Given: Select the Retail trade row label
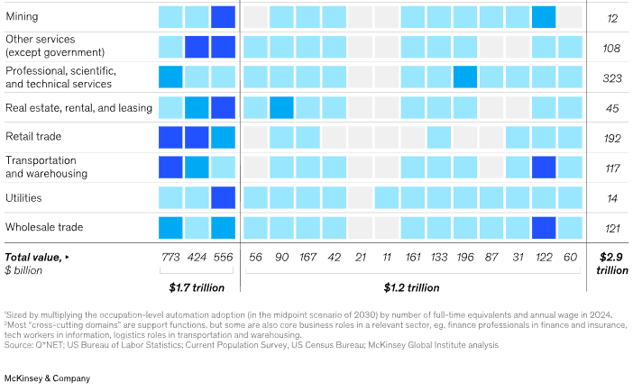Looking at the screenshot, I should (x=34, y=137).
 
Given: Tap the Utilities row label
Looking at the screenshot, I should (x=23, y=197).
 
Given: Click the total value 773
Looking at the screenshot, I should (x=170, y=258).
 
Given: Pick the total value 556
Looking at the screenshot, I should (x=223, y=258).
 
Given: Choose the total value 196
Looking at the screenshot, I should (x=465, y=258).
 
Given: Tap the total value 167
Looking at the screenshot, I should (x=308, y=258).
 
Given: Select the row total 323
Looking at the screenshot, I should (x=612, y=78).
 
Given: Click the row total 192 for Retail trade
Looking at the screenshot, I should (x=612, y=139).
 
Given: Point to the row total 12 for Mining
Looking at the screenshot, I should (x=612, y=18).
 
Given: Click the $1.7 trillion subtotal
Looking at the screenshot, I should (x=197, y=288).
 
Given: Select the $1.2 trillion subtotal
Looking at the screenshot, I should (x=413, y=288).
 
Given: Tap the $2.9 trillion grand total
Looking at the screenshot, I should (x=612, y=263).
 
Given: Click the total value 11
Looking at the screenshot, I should (x=387, y=258).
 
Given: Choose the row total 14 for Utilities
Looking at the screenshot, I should (x=612, y=198).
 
